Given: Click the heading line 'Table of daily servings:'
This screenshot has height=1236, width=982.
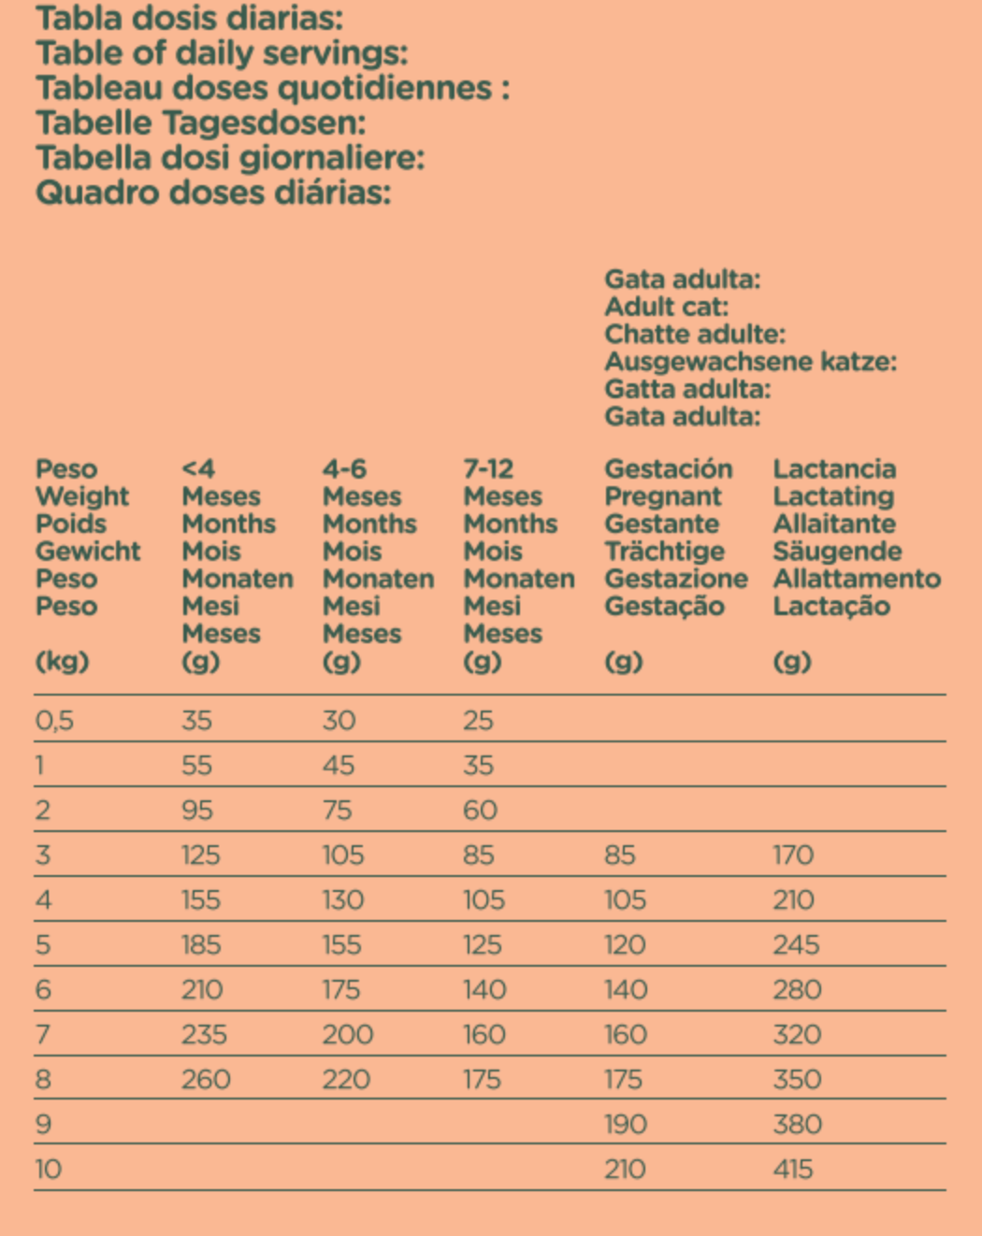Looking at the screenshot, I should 222,53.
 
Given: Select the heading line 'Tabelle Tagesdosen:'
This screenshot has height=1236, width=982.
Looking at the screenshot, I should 200,122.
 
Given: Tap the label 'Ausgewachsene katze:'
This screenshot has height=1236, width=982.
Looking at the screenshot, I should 750,362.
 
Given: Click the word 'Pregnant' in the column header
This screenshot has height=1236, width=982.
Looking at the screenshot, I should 663,496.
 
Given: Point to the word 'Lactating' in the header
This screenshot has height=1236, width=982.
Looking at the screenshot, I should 833,496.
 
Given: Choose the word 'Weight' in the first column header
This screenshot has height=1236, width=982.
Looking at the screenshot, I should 82,496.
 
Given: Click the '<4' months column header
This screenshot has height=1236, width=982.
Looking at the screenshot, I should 198,468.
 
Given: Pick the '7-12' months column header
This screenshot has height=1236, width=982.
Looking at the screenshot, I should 488,468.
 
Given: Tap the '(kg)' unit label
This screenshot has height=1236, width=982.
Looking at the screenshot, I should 62,661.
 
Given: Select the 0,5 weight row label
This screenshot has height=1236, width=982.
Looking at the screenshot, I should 54,720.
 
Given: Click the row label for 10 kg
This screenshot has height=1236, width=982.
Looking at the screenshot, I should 48,1169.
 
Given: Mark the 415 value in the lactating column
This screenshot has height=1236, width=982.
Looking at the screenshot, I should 793,1169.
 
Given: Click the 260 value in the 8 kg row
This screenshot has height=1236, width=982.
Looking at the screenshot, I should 206,1079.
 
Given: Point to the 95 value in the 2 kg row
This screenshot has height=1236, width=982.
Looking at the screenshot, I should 197,810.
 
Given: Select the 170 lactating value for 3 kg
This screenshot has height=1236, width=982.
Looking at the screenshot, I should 793,855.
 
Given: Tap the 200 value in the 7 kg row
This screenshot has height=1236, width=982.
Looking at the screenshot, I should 348,1034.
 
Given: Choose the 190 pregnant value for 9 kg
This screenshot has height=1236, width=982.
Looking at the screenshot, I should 626,1124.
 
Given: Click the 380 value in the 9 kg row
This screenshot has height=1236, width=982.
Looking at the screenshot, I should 797,1124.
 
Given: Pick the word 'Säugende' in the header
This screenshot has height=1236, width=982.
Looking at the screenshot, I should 837,552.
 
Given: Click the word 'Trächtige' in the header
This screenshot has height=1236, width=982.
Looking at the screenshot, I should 664,552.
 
